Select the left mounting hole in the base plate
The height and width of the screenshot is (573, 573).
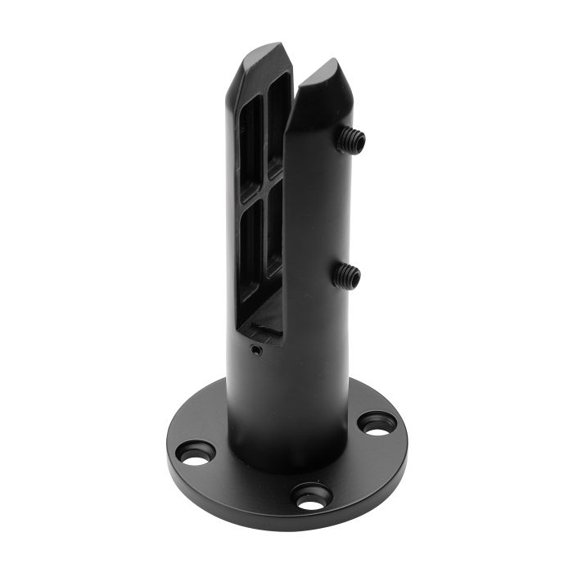point(196,453)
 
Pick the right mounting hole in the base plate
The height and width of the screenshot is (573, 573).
point(376,424)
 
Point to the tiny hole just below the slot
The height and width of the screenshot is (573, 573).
point(256,350)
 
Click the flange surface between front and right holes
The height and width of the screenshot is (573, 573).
point(352,471)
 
